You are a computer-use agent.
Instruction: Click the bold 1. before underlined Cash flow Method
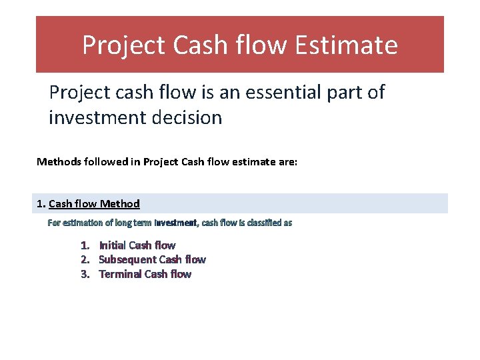(41, 204)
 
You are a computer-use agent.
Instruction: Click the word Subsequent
(127, 259)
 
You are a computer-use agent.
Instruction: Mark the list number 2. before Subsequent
(85, 259)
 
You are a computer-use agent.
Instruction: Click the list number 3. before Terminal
(85, 274)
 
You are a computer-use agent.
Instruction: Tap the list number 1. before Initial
(85, 245)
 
